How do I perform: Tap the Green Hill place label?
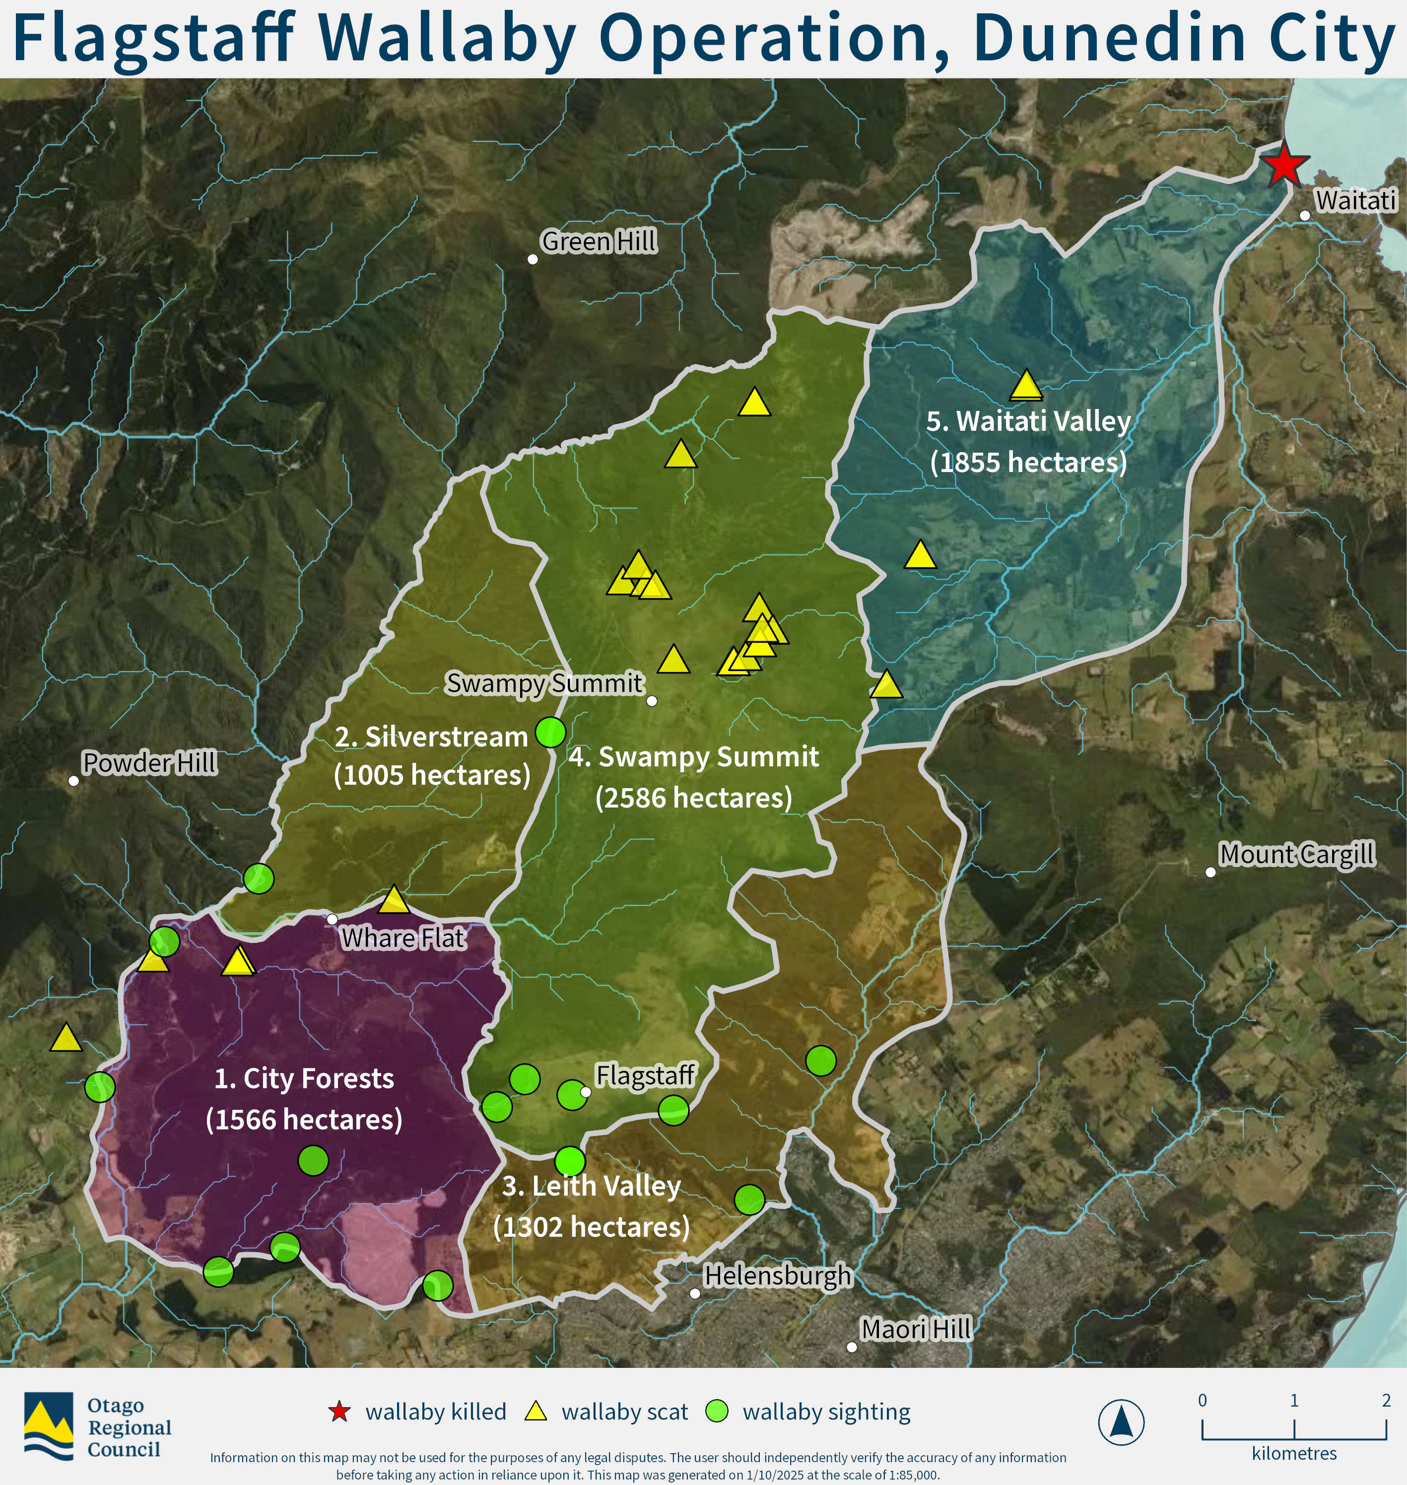pos(599,242)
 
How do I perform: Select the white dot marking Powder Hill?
pos(73,781)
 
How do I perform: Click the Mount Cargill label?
pos(1297,854)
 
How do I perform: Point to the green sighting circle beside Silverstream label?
pos(550,731)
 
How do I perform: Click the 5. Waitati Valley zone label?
pos(1028,421)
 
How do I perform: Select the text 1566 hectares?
pos(304,1119)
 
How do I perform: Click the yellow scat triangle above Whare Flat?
pos(394,900)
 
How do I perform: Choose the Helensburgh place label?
pos(777,1275)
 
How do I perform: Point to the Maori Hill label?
pos(916,1329)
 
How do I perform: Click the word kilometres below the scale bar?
pos(1294,1454)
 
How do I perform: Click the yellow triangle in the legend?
pos(536,1412)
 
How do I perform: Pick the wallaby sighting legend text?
pos(826,1412)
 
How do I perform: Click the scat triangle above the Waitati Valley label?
pos(1026,386)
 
